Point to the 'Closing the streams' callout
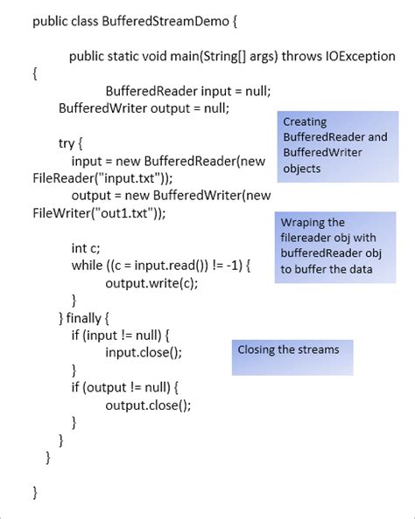point(289,349)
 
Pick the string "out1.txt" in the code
point(116,212)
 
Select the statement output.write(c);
point(151,282)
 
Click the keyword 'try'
point(68,142)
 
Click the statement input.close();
point(144,352)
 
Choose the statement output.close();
point(148,405)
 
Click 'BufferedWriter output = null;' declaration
point(143,108)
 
